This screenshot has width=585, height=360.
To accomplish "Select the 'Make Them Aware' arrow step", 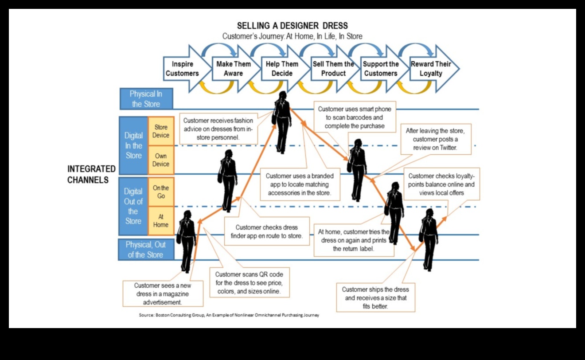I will coord(233,69).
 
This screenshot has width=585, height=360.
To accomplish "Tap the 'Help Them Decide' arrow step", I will coord(282,69).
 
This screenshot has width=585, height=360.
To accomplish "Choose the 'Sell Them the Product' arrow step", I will coord(333,69).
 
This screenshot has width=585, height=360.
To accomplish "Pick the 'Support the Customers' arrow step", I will coord(381,69).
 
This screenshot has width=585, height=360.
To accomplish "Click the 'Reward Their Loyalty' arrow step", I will coord(431,69).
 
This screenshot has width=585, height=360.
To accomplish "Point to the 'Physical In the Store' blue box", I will coord(146,99).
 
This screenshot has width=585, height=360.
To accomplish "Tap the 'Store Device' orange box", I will coord(161,131).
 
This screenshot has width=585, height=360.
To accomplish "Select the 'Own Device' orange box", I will coord(161,160).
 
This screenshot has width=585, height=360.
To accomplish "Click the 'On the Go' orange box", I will coord(161,192).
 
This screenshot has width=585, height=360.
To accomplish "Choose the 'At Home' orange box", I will coord(161,220).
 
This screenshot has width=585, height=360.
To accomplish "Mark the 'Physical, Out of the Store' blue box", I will coord(146,250).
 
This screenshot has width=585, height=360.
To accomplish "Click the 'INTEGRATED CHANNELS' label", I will coord(91,174).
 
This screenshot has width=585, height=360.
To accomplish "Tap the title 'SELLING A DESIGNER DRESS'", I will coord(292,26).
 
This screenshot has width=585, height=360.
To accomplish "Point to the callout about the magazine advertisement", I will coord(163,293).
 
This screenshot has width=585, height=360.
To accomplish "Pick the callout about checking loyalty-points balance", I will coord(441,184).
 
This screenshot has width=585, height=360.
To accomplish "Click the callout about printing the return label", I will coord(354,240).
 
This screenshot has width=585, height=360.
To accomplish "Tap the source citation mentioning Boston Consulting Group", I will coord(229,315).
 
